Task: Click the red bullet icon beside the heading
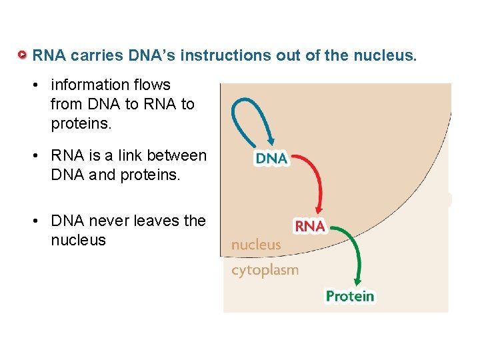coord(23,55)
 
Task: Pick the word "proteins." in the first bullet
coord(79,124)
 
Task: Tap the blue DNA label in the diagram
coord(271,159)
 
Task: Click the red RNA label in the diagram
coord(309,226)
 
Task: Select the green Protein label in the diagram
coord(350,296)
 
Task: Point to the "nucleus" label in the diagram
coord(256,245)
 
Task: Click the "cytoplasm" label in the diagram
coord(265,270)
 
